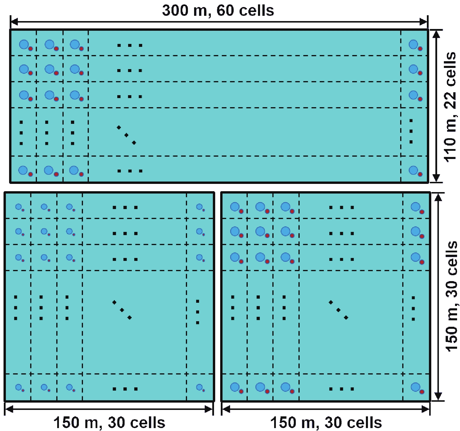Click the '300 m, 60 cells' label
(x=218, y=11)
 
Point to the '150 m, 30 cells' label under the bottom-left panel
(x=109, y=423)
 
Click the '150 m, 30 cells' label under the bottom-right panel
(x=326, y=423)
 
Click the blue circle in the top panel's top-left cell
(x=24, y=45)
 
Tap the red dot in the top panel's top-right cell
(x=420, y=49)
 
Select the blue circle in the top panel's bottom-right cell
(x=413, y=170)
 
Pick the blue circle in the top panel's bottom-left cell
(x=23, y=170)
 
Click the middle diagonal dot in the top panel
(x=126, y=135)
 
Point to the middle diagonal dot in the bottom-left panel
(x=122, y=310)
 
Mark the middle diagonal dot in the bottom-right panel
(x=338, y=310)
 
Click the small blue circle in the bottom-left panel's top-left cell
(x=18, y=207)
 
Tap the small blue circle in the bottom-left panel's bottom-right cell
(x=199, y=387)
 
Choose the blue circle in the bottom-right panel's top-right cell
(x=415, y=207)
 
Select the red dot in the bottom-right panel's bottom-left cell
(x=241, y=391)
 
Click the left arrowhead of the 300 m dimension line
(x=14, y=22)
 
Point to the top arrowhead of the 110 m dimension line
(x=436, y=34)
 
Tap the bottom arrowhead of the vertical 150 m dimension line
(x=438, y=396)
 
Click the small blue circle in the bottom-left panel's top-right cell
(x=199, y=207)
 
